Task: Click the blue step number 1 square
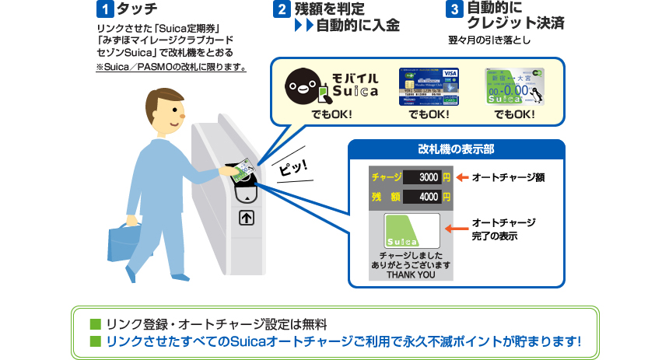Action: coord(101,11)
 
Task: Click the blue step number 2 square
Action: coord(282,11)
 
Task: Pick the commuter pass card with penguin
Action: coord(514,86)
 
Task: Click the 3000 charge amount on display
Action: coord(428,177)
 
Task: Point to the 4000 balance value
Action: coord(428,197)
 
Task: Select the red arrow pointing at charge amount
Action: coord(461,177)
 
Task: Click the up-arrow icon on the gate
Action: coord(246,218)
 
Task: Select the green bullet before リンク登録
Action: coord(95,323)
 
